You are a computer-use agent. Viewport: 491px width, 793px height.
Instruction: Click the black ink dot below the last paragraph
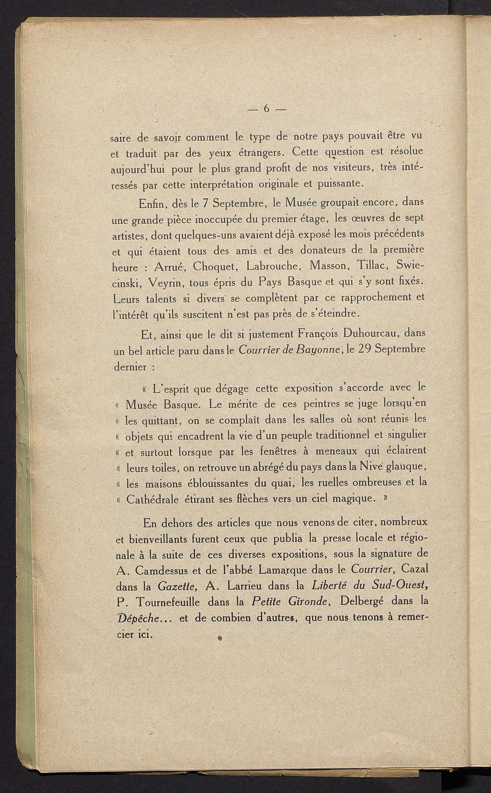click(220, 638)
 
